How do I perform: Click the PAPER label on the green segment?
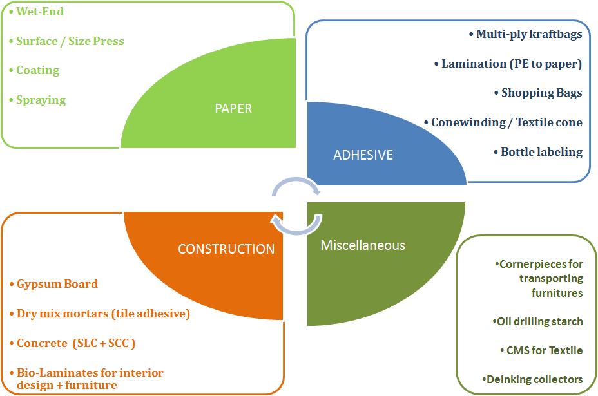click(233, 108)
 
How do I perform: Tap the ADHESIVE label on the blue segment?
click(362, 155)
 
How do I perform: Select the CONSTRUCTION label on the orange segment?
click(226, 249)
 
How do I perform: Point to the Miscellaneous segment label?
click(363, 245)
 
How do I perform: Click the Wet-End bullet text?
click(40, 12)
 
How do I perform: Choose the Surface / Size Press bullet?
click(70, 41)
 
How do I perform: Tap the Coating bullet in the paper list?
click(37, 70)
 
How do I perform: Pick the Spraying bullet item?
click(41, 100)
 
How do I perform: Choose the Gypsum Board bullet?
click(57, 284)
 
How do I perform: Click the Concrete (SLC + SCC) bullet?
click(76, 343)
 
